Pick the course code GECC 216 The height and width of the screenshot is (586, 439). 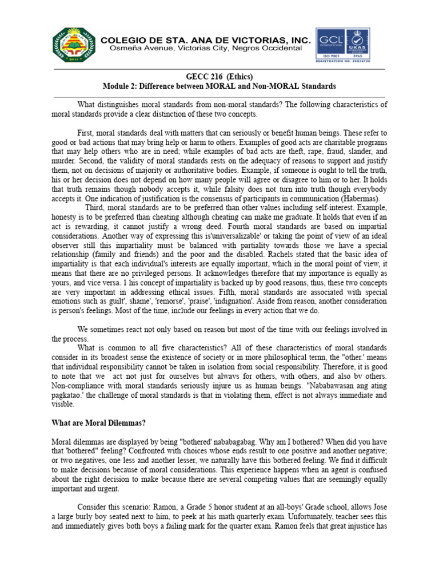pos(200,76)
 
